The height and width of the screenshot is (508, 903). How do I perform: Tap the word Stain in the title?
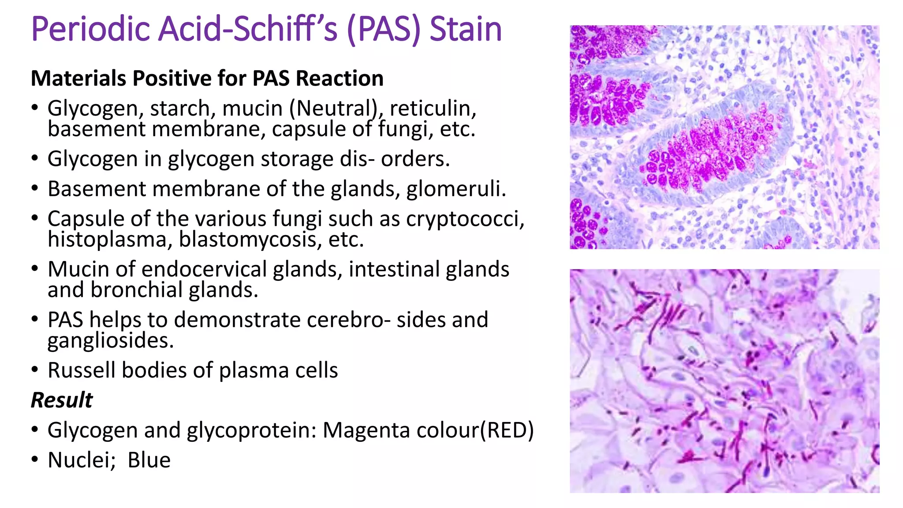pos(466,29)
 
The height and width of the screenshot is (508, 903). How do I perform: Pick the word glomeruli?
pos(456,189)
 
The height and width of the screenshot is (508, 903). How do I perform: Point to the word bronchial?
pos(137,290)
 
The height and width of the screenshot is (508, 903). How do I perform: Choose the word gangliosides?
pos(111,340)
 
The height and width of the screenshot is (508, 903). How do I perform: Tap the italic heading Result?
pos(62,400)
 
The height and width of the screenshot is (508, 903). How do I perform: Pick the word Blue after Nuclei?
pos(149,460)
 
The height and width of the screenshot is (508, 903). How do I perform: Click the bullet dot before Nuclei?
pos(35,459)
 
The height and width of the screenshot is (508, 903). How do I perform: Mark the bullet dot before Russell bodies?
pos(35,370)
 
